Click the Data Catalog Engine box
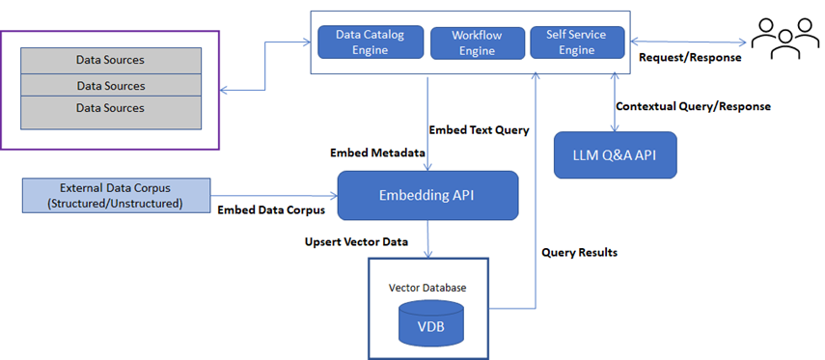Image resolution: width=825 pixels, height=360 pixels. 370,41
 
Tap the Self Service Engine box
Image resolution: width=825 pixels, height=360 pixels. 577,41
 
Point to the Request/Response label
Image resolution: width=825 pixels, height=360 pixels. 690,58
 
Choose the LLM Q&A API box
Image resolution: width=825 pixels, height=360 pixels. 615,155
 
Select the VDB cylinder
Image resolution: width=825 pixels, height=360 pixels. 431,322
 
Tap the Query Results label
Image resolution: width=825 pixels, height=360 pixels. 579,252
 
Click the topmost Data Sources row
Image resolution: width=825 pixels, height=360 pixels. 111,60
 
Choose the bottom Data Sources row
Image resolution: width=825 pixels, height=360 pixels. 111,109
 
